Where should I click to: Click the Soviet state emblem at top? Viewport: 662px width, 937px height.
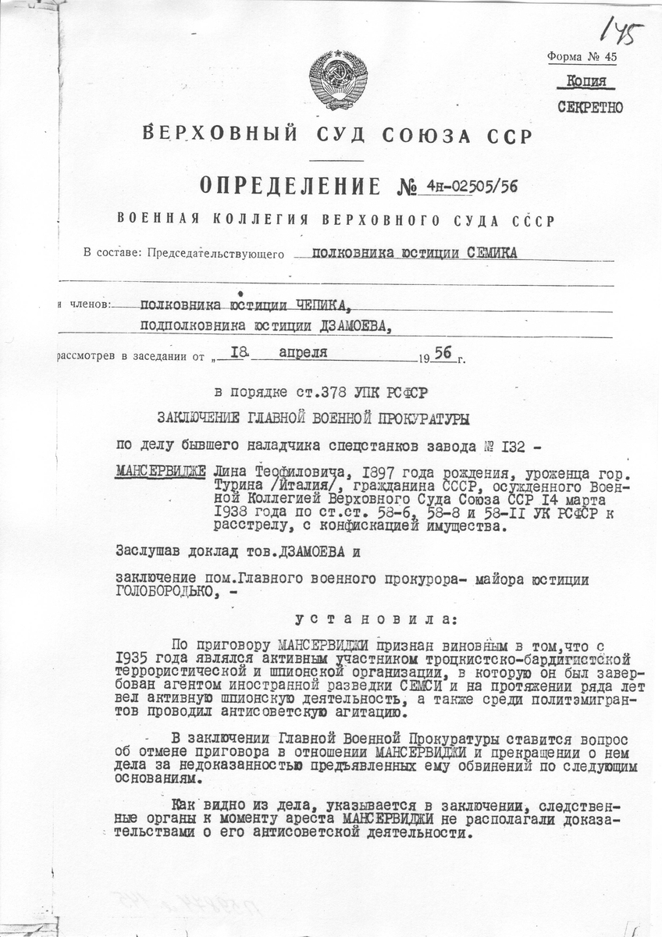(338, 80)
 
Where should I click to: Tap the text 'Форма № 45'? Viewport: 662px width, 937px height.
(582, 57)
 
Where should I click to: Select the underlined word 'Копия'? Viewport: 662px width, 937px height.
(590, 82)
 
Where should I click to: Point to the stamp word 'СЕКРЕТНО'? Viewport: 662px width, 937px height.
(590, 107)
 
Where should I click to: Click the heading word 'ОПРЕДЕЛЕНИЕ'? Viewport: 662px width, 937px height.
(290, 186)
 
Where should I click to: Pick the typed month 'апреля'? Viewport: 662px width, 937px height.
(305, 353)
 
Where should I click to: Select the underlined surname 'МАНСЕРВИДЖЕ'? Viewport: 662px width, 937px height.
(160, 473)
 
